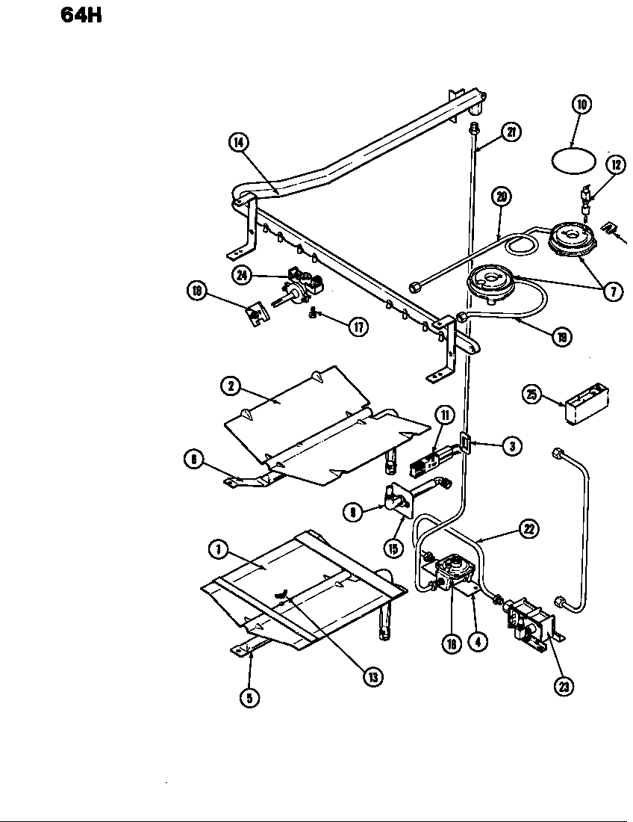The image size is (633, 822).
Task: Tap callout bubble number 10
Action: click(x=582, y=105)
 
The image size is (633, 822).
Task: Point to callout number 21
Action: click(x=511, y=133)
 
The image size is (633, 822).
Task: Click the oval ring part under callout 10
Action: click(x=573, y=161)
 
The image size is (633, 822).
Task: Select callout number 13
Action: click(x=372, y=676)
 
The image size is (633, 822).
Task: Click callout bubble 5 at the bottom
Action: click(x=249, y=698)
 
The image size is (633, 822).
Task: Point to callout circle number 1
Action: click(x=219, y=549)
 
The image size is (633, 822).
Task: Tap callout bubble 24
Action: click(x=242, y=275)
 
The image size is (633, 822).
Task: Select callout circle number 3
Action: click(x=511, y=446)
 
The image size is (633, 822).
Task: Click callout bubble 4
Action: click(x=481, y=643)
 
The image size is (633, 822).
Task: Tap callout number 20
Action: click(x=501, y=198)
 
